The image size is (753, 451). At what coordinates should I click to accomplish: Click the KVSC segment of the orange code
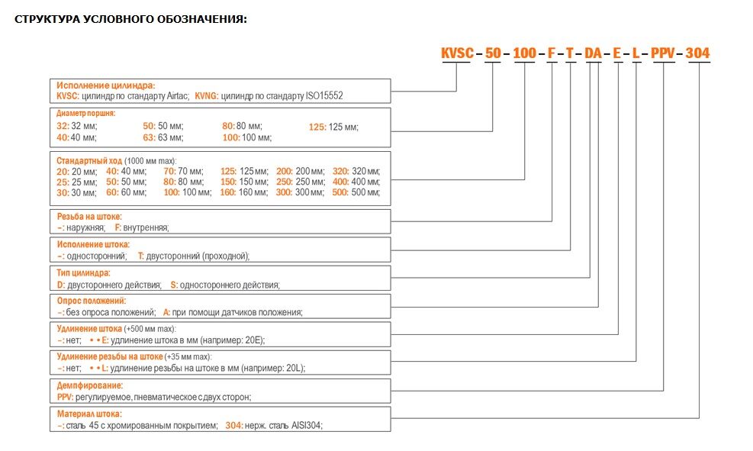click(457, 53)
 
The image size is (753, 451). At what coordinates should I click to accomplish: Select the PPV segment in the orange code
click(663, 53)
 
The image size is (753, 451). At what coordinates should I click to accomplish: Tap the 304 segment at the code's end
click(697, 53)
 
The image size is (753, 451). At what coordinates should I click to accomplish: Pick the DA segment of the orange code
click(593, 53)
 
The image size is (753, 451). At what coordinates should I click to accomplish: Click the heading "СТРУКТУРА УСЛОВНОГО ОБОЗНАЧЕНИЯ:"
click(130, 20)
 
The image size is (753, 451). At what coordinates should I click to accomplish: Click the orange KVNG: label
click(207, 96)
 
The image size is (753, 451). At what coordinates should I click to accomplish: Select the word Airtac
click(177, 96)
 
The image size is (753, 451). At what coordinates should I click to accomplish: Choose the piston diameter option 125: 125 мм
click(333, 127)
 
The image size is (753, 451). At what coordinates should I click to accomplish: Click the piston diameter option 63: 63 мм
click(163, 138)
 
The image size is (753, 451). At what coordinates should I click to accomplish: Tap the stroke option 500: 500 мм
click(356, 192)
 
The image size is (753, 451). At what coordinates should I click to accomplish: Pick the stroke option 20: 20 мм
click(77, 172)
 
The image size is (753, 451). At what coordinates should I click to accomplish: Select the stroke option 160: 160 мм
click(244, 192)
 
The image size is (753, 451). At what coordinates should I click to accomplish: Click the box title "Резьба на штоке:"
click(89, 217)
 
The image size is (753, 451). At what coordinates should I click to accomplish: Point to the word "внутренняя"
click(146, 227)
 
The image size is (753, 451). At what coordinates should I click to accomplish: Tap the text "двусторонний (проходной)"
click(197, 256)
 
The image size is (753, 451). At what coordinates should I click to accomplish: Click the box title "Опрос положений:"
click(92, 301)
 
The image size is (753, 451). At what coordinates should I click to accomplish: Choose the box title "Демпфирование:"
click(90, 385)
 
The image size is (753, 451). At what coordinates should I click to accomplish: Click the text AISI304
click(307, 426)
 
